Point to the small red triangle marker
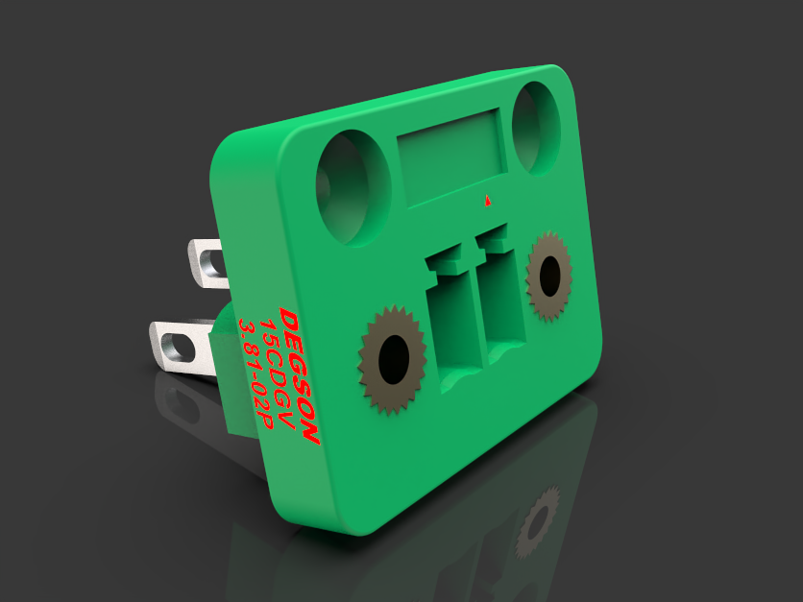(x=489, y=201)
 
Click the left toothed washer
(x=392, y=360)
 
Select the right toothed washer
(x=548, y=276)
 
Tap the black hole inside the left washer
(x=393, y=360)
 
